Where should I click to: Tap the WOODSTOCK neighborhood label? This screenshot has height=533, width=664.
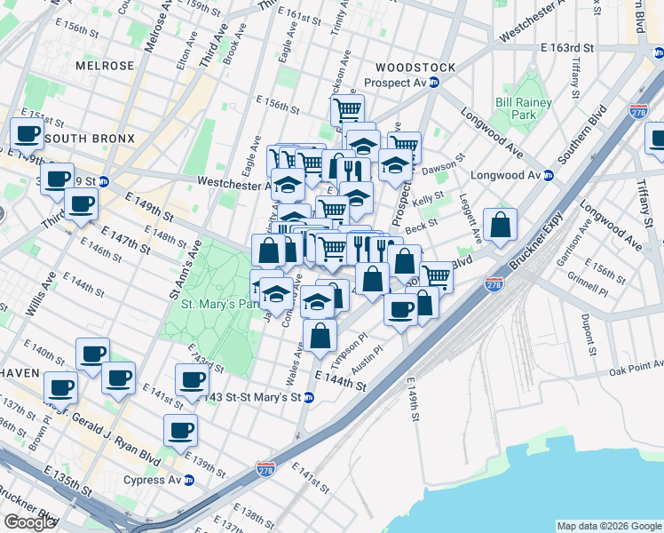point(415,68)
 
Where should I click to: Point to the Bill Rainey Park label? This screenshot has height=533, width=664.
point(524,109)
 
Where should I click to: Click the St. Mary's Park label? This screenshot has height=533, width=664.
point(218,305)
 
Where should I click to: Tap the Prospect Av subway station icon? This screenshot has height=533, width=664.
point(434,83)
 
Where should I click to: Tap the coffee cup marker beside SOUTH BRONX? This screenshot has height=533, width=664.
point(28,134)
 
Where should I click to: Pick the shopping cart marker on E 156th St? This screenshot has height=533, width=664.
point(347,110)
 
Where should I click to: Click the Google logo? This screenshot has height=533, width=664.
point(29,522)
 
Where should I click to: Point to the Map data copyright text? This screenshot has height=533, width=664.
point(608,526)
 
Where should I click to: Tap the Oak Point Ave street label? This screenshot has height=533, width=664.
point(636,367)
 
